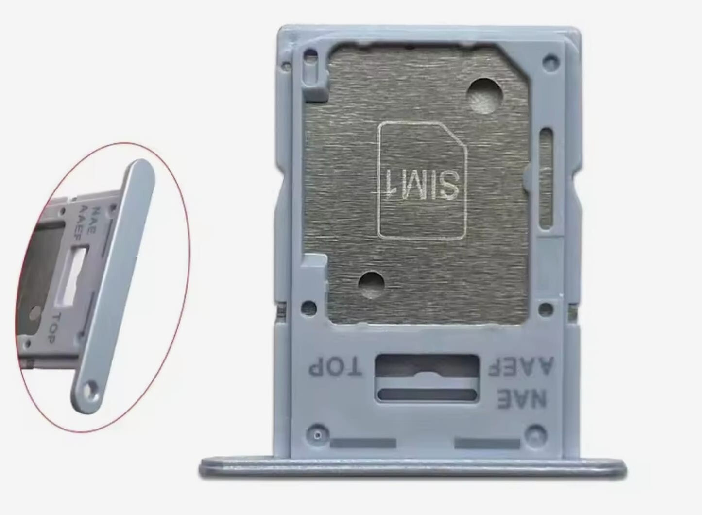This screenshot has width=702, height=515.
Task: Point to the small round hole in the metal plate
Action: point(372,285)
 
